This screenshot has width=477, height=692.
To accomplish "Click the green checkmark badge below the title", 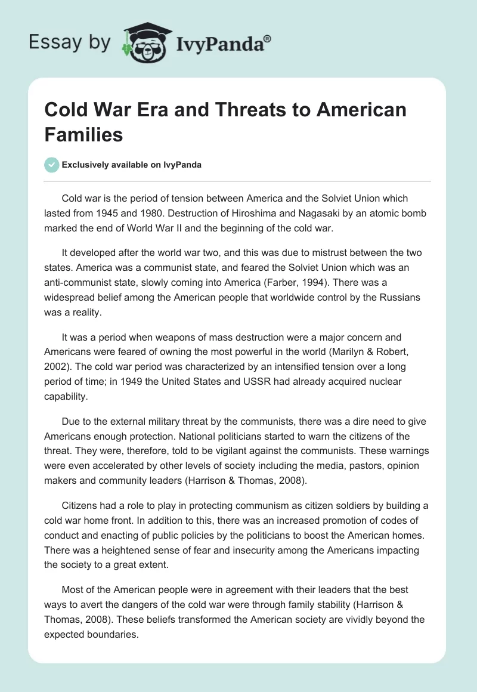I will (x=51, y=165).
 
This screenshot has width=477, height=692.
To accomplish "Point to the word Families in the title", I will (x=83, y=134).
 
